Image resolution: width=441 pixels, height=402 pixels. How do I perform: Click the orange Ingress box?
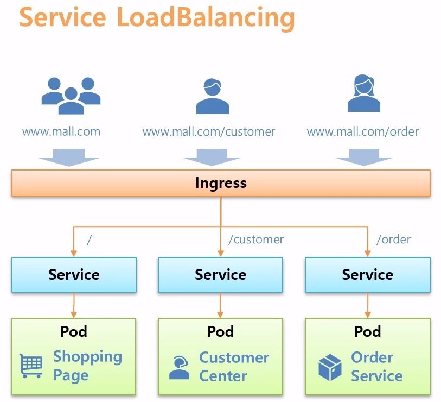point(221,183)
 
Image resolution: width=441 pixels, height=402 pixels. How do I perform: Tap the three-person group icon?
point(71,96)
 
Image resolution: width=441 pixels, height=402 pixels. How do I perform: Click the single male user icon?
point(212,96)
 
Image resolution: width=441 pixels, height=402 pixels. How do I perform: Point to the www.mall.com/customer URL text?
point(209,131)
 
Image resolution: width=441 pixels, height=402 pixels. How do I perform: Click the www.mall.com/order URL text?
point(363,131)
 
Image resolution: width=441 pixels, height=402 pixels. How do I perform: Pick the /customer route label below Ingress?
point(256,239)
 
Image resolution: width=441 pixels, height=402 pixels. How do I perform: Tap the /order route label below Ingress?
point(393,239)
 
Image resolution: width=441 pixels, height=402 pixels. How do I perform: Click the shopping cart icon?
point(31,366)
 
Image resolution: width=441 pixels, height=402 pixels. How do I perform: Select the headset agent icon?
point(179,367)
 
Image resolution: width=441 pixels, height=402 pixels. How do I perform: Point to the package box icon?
point(330,367)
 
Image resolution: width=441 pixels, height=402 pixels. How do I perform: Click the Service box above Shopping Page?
point(74,275)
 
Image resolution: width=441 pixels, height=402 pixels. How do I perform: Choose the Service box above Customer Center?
point(220,275)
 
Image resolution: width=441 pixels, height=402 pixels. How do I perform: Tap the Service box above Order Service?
point(367,275)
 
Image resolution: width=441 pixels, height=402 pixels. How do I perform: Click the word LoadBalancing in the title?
point(206,17)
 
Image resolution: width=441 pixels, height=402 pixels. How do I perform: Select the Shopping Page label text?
point(87,366)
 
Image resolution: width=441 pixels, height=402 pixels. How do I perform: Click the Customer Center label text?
point(234,367)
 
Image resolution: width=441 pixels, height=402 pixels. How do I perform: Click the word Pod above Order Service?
point(367,331)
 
